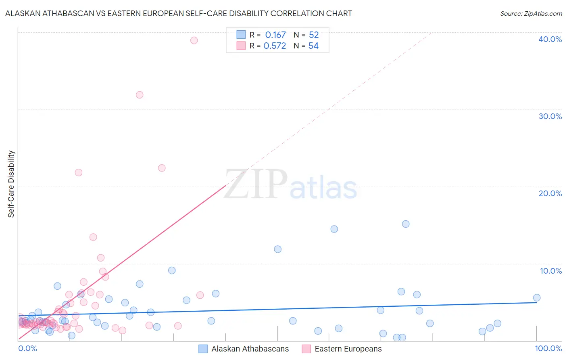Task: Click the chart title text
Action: [178, 13]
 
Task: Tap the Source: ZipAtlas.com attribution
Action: [531, 13]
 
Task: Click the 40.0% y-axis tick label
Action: [550, 39]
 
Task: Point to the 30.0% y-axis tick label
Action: [550, 116]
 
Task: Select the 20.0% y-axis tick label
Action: [550, 193]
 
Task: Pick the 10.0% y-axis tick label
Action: [551, 271]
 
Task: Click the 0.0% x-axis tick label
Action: [27, 348]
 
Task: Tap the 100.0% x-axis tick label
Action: [548, 348]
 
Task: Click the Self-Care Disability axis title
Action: [11, 184]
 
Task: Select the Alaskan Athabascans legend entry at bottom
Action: [244, 349]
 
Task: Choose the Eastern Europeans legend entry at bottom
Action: [342, 349]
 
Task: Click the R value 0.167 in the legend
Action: [275, 35]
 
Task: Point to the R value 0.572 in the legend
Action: [275, 46]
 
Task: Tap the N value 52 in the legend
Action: [314, 35]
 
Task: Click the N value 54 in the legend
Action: [313, 46]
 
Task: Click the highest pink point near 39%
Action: [194, 40]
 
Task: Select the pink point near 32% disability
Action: [140, 95]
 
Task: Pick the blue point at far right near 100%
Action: [537, 298]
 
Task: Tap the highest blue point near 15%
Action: [406, 224]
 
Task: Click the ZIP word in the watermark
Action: [256, 185]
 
